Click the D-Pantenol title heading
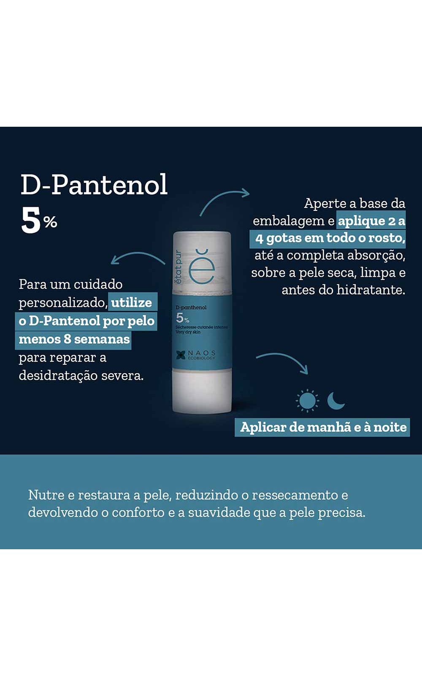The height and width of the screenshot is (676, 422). (94, 184)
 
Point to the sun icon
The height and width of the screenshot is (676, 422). (307, 401)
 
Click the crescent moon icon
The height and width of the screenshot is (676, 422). (336, 401)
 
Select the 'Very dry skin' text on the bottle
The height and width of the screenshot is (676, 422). (188, 332)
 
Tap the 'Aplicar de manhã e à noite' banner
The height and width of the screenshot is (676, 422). (322, 427)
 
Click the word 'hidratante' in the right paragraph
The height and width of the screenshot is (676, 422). (371, 290)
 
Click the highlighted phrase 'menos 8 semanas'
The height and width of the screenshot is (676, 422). (74, 340)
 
